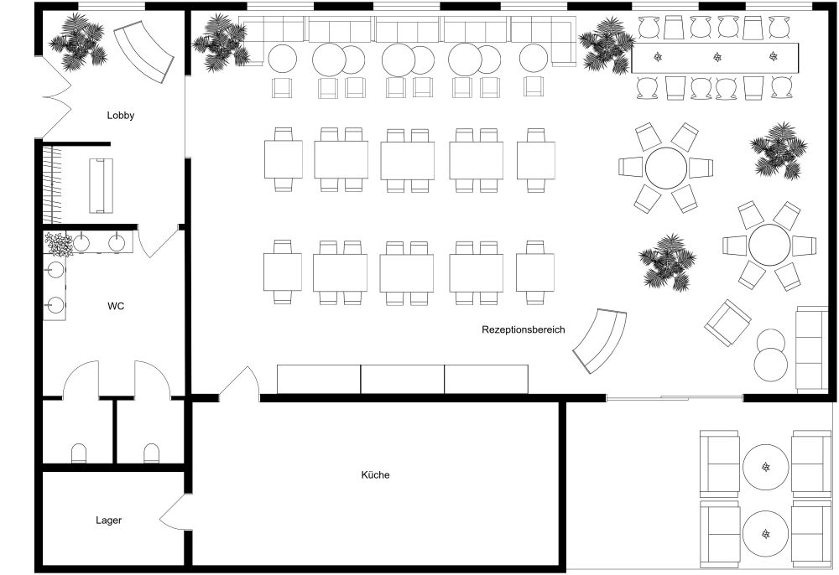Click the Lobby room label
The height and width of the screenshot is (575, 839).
[120, 116]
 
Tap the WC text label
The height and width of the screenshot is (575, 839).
[116, 306]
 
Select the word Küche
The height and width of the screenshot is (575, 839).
[375, 474]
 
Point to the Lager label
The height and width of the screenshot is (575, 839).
[108, 520]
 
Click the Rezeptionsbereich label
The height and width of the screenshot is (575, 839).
[524, 329]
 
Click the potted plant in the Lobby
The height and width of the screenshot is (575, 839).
[78, 42]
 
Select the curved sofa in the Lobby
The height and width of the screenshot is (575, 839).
[144, 51]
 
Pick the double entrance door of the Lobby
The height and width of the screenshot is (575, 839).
[55, 97]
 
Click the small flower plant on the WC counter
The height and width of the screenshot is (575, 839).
[58, 244]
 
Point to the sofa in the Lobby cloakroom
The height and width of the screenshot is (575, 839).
[101, 185]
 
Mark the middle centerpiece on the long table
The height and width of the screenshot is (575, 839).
[717, 57]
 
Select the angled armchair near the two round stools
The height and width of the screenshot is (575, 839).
[727, 322]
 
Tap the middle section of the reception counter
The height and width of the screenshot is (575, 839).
[403, 380]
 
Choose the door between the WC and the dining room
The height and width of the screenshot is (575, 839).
[158, 241]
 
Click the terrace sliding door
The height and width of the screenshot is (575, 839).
[675, 398]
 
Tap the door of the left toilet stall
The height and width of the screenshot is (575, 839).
[81, 378]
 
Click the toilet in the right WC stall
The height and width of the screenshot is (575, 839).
[151, 453]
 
